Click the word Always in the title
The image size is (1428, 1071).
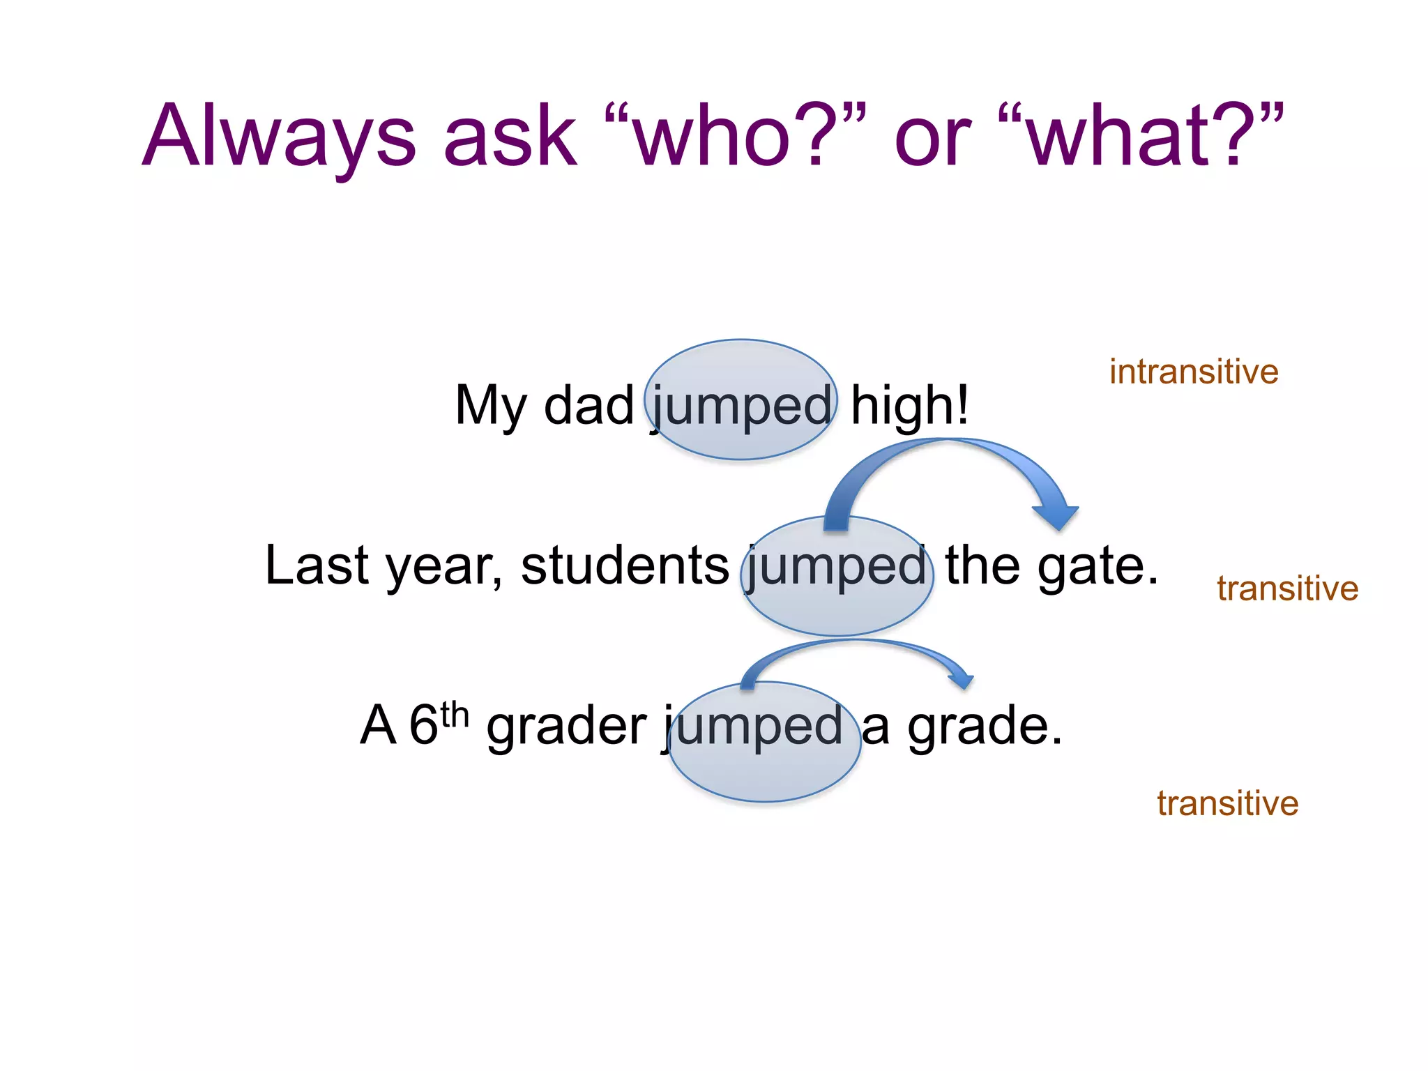pos(279,136)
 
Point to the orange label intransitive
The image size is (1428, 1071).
pos(1194,372)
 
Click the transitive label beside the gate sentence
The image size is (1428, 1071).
pos(1287,588)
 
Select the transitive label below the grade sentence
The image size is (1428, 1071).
pos(1227,803)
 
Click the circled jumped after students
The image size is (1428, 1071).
pos(837,566)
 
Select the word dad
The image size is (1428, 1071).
pos(588,406)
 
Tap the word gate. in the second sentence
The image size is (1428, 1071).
pos(1097,566)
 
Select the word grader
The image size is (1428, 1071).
pos(566,727)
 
